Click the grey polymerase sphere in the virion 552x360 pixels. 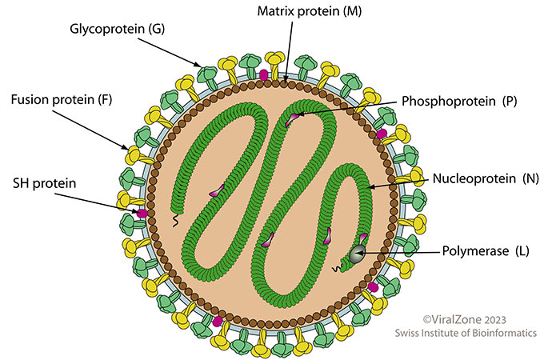(x=355, y=256)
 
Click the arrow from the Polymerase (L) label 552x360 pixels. (x=400, y=253)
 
